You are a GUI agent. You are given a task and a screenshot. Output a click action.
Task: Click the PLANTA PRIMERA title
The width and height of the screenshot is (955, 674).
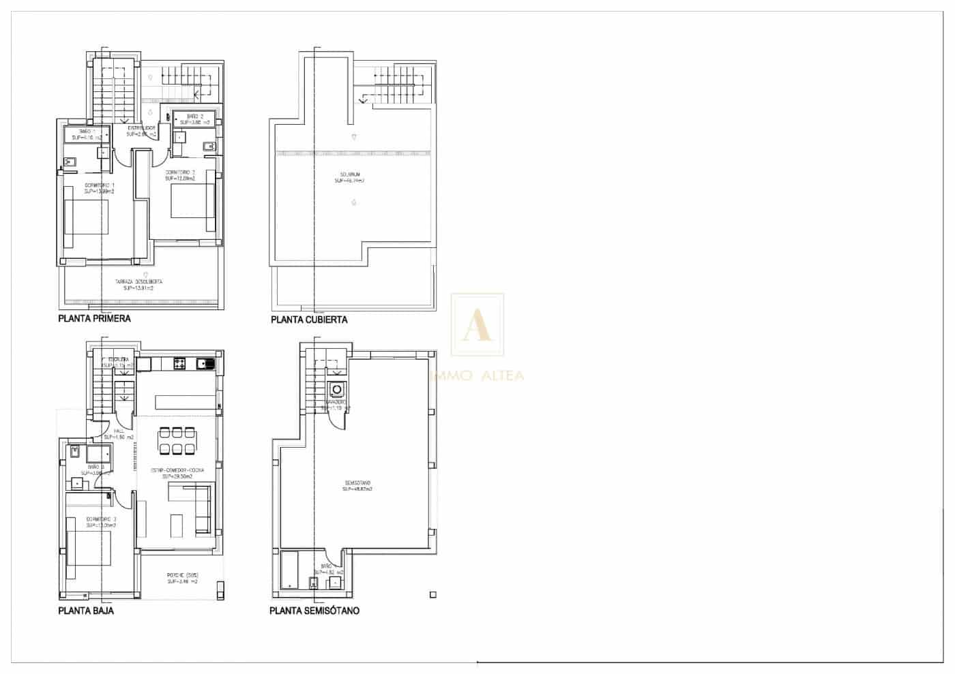pyautogui.click(x=94, y=318)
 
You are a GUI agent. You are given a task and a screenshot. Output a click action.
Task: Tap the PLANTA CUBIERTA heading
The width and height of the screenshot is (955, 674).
pyautogui.click(x=309, y=319)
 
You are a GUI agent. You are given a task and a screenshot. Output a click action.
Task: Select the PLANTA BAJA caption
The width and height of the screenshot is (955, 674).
pyautogui.click(x=86, y=611)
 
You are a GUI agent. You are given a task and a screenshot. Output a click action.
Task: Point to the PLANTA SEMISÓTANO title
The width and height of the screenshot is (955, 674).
pyautogui.click(x=314, y=611)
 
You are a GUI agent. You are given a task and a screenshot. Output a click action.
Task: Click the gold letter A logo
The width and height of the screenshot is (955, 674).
pyautogui.click(x=477, y=325)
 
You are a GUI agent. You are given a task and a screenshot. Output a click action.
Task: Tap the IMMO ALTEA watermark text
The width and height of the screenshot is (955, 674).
pyautogui.click(x=477, y=376)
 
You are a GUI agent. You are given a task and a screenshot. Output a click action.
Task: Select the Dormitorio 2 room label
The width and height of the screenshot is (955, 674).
pyautogui.click(x=180, y=175)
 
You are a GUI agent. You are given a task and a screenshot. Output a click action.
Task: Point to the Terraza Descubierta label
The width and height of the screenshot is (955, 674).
pyautogui.click(x=138, y=284)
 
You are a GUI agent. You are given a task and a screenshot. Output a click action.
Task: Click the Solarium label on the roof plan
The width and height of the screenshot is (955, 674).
pyautogui.click(x=349, y=178)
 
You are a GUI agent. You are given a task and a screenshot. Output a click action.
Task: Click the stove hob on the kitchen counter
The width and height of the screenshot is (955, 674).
pyautogui.click(x=181, y=364)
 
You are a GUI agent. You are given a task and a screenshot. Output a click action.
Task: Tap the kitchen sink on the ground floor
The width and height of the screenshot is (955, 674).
pyautogui.click(x=205, y=364)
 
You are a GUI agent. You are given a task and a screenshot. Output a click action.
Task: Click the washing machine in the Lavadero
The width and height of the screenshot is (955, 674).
pyautogui.click(x=336, y=390)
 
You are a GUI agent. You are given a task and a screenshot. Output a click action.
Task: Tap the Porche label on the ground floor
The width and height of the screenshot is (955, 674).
pyautogui.click(x=182, y=578)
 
